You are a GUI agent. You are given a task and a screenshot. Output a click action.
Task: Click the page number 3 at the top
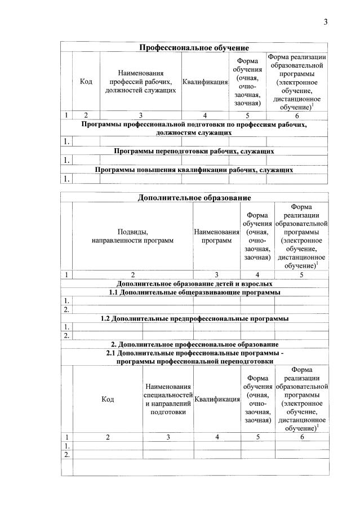click(x=325, y=22)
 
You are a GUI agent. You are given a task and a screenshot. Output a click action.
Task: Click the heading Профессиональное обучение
click(x=194, y=47)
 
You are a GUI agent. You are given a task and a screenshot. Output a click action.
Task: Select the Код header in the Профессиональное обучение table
click(x=86, y=82)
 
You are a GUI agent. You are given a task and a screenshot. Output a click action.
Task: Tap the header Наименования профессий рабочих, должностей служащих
click(x=141, y=82)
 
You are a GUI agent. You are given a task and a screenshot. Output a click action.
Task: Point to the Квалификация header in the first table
click(x=205, y=82)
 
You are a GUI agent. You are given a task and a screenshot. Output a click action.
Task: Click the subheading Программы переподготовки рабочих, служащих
click(x=194, y=151)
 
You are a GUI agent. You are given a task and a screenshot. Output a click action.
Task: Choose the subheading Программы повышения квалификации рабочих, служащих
click(x=194, y=170)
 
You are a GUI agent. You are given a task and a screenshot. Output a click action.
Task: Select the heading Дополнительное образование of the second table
click(x=194, y=197)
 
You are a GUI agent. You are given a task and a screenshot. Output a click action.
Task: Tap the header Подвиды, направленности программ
click(x=132, y=236)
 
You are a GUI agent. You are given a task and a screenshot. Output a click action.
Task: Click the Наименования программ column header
click(x=216, y=236)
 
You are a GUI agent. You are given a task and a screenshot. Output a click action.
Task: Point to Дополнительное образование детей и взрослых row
click(x=194, y=283)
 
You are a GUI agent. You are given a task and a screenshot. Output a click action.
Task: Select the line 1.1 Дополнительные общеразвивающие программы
click(x=194, y=292)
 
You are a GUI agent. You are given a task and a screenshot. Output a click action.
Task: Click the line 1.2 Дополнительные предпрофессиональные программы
click(x=194, y=318)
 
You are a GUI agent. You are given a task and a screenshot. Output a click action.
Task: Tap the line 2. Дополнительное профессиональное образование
click(x=194, y=344)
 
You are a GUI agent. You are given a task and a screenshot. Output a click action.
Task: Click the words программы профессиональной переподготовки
click(x=194, y=361)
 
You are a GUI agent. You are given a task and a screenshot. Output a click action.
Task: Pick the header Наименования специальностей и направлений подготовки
click(x=168, y=399)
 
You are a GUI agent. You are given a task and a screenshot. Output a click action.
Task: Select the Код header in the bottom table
click(x=108, y=399)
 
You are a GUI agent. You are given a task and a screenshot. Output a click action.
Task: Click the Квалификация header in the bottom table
click(x=217, y=399)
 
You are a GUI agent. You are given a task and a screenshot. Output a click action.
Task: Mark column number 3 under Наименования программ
click(x=216, y=274)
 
